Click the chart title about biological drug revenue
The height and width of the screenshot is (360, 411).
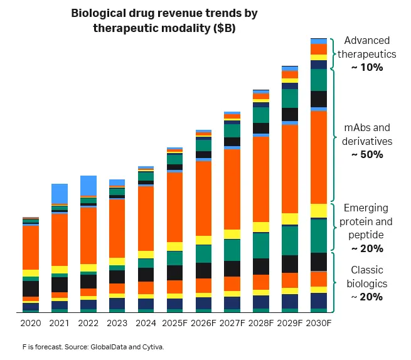point(164,20)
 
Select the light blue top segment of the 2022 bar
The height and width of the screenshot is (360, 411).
point(88,186)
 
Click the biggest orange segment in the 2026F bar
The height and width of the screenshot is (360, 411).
point(203,198)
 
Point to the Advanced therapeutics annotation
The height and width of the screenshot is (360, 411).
point(367,47)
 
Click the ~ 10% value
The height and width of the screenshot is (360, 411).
point(367,67)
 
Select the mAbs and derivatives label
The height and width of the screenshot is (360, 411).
point(367,135)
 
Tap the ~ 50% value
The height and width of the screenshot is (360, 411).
point(367,155)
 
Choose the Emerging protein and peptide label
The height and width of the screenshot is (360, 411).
point(367,221)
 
